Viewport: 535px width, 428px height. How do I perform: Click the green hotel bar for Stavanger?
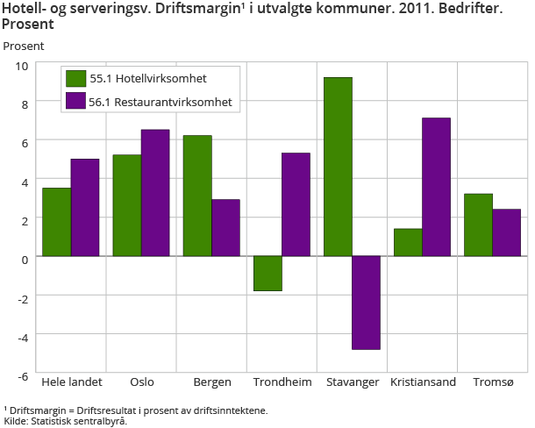click(338, 167)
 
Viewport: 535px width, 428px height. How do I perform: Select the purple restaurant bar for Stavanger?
click(366, 303)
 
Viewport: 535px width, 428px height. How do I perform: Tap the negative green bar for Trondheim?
click(267, 274)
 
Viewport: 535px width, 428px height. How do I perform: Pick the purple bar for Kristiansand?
click(436, 187)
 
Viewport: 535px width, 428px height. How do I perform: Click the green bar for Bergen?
click(197, 196)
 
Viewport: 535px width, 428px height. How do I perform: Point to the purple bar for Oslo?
click(155, 193)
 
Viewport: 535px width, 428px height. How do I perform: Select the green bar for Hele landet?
click(57, 222)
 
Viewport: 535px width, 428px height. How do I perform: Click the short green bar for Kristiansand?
click(408, 242)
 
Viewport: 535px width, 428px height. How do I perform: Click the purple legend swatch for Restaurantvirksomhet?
click(75, 102)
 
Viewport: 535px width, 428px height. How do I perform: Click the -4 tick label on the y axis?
click(22, 337)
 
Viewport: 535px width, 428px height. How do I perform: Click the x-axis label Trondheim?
click(282, 382)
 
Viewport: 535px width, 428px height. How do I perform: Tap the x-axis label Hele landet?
click(72, 382)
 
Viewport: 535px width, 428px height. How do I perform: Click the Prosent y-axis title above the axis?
click(23, 45)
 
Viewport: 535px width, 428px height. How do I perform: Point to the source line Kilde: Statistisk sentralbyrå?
click(66, 421)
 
